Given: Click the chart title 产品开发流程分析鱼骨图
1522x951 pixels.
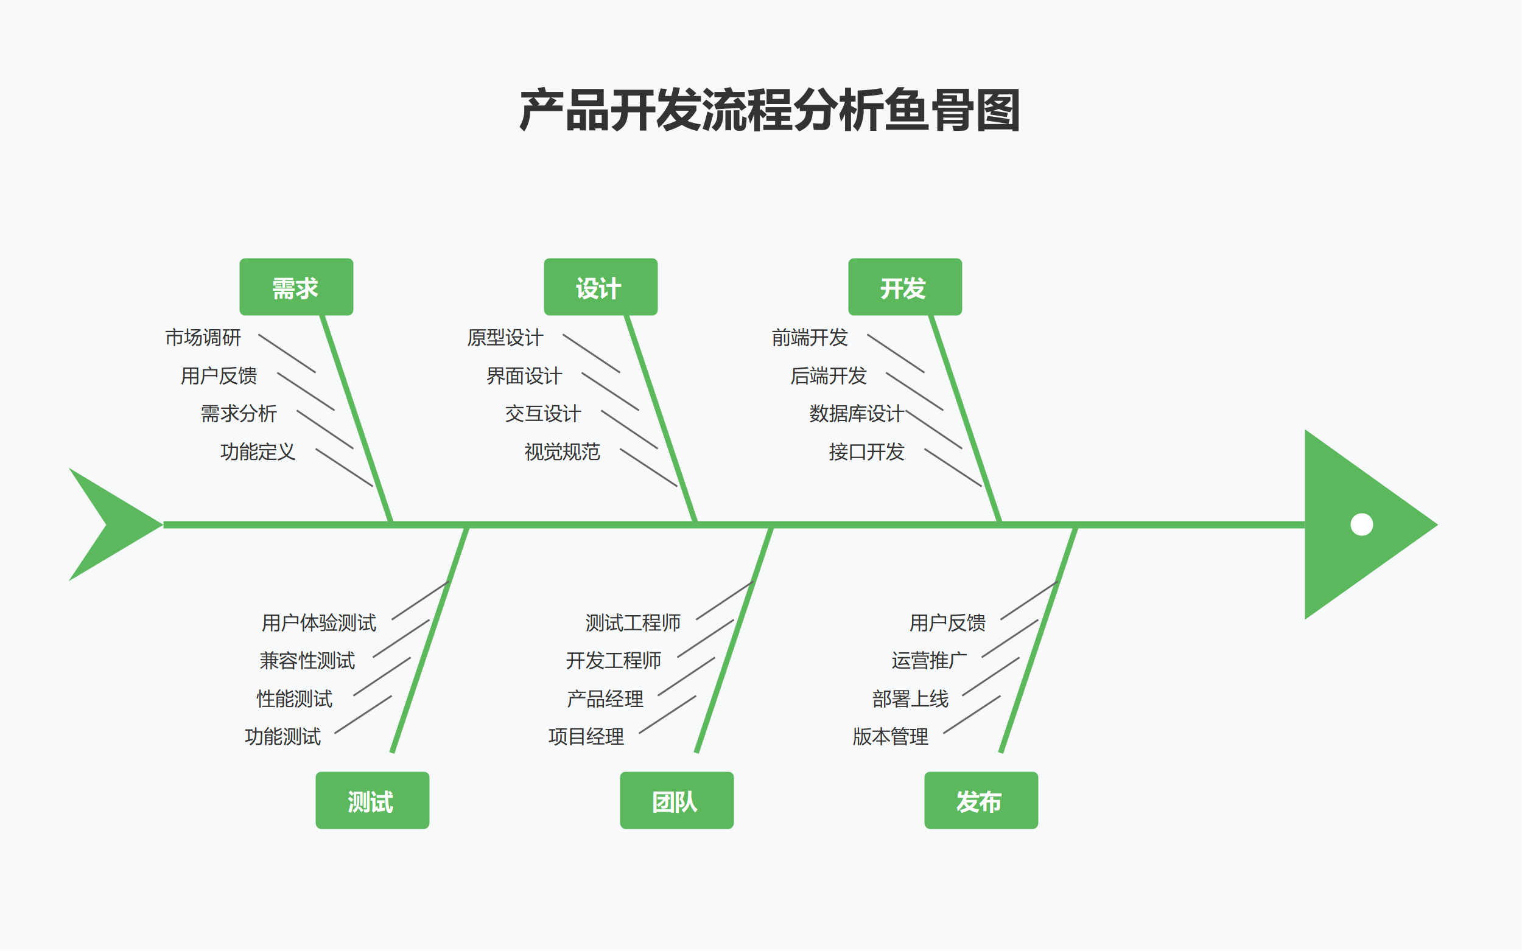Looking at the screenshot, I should click(x=769, y=111).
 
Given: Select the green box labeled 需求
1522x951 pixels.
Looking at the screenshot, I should click(x=296, y=287).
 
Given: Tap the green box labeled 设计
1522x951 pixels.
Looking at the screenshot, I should click(x=600, y=287).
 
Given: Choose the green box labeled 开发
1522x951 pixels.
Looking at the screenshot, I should click(x=904, y=287).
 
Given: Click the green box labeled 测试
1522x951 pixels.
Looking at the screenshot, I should click(x=372, y=800).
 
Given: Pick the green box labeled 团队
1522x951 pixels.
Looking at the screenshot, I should click(x=676, y=800).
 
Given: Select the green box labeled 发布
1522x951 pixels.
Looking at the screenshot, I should click(x=980, y=800).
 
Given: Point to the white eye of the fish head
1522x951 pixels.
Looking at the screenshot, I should click(x=1361, y=524).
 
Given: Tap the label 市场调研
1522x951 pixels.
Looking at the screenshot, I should click(x=203, y=338).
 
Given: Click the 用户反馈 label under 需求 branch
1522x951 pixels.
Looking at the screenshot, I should click(x=219, y=376).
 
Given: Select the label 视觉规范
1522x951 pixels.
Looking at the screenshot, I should click(x=562, y=451).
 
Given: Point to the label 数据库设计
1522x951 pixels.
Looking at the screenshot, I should click(x=856, y=414).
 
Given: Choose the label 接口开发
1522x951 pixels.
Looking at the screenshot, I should click(x=866, y=451).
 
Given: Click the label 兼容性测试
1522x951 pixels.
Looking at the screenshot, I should click(x=307, y=660).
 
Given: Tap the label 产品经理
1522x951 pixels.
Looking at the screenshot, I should click(x=605, y=698).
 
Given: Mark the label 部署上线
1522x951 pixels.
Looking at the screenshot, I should click(x=910, y=698).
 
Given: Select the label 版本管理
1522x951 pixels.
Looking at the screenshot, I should click(x=890, y=736).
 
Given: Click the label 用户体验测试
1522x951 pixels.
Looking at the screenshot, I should click(x=318, y=622).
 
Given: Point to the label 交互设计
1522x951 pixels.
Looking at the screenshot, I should click(x=542, y=414).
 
